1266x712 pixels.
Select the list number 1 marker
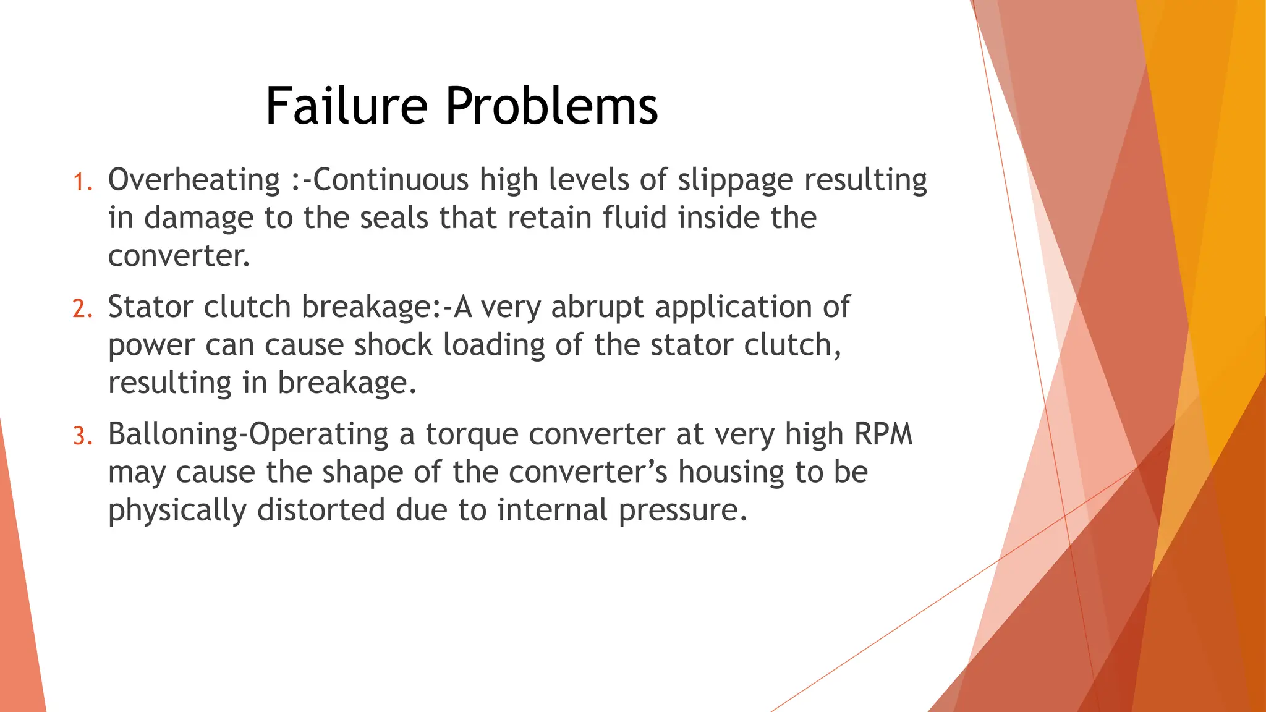click(x=82, y=183)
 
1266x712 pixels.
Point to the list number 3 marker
click(x=82, y=436)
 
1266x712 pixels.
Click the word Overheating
click(x=194, y=180)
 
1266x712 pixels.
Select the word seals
click(x=394, y=218)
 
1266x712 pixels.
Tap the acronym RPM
click(x=883, y=434)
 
